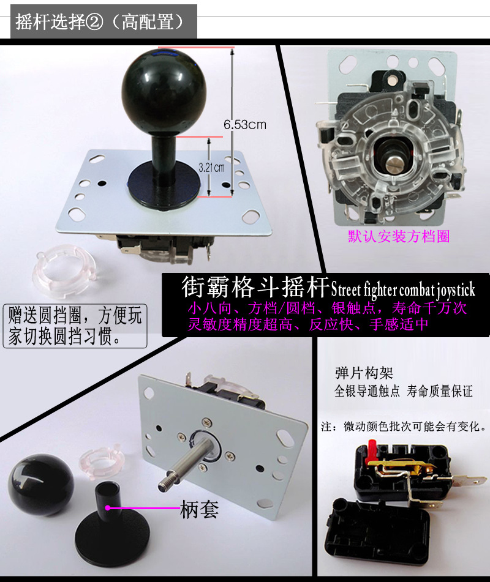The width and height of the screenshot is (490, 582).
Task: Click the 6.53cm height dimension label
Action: tap(245, 125)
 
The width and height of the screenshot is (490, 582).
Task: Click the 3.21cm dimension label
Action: tap(211, 168)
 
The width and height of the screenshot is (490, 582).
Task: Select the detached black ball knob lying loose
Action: tap(41, 484)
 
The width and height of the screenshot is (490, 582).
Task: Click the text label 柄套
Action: tap(199, 509)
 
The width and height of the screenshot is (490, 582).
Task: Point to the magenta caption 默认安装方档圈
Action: tap(399, 237)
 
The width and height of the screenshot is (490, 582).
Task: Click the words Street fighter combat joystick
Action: tap(403, 289)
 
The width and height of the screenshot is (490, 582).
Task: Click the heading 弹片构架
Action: tap(364, 373)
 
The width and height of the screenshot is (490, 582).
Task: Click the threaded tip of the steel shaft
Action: tap(165, 484)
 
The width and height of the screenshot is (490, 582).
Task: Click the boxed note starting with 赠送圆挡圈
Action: tap(75, 326)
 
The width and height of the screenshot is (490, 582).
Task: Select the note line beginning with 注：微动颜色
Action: tap(404, 427)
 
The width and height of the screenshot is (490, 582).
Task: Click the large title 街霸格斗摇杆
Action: tap(255, 287)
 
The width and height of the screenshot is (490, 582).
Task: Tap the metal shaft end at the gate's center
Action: tap(393, 162)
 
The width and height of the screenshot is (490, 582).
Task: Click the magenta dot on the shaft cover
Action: tap(108, 508)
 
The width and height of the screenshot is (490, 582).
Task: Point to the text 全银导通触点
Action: tap(367, 391)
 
